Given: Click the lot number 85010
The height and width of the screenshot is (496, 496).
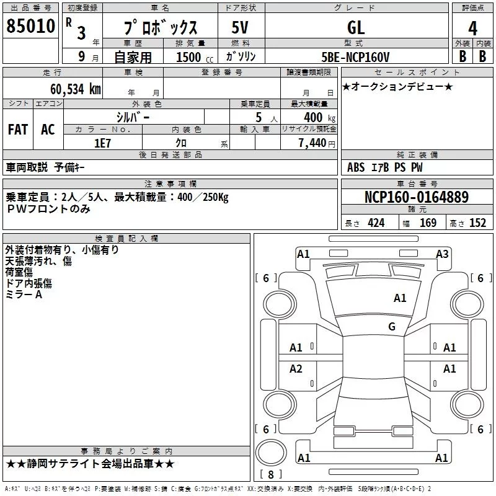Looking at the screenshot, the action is click(x=30, y=26).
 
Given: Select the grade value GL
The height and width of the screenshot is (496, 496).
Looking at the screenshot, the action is click(x=356, y=27).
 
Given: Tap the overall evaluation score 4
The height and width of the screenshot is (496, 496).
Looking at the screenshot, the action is click(x=472, y=28).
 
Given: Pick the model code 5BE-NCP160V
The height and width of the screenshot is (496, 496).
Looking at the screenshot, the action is click(x=356, y=57).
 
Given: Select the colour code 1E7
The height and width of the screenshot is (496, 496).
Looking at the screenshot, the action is click(x=103, y=143).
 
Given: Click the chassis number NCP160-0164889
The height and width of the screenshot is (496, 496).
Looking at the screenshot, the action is click(x=417, y=197).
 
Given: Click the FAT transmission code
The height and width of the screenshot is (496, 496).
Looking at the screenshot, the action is click(x=18, y=130).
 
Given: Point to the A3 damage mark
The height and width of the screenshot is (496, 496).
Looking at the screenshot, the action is click(x=442, y=254).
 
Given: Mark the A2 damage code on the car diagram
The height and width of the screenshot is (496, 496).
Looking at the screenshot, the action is click(x=296, y=369).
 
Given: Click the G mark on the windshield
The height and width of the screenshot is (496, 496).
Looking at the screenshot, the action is click(x=392, y=327).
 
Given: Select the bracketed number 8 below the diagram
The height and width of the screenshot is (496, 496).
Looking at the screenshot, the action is click(x=270, y=475).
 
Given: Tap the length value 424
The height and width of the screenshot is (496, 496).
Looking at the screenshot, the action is click(x=376, y=223).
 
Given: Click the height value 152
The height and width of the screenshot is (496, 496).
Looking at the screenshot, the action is click(x=477, y=223).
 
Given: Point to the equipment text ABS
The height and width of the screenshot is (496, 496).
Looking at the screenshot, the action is click(x=356, y=167).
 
